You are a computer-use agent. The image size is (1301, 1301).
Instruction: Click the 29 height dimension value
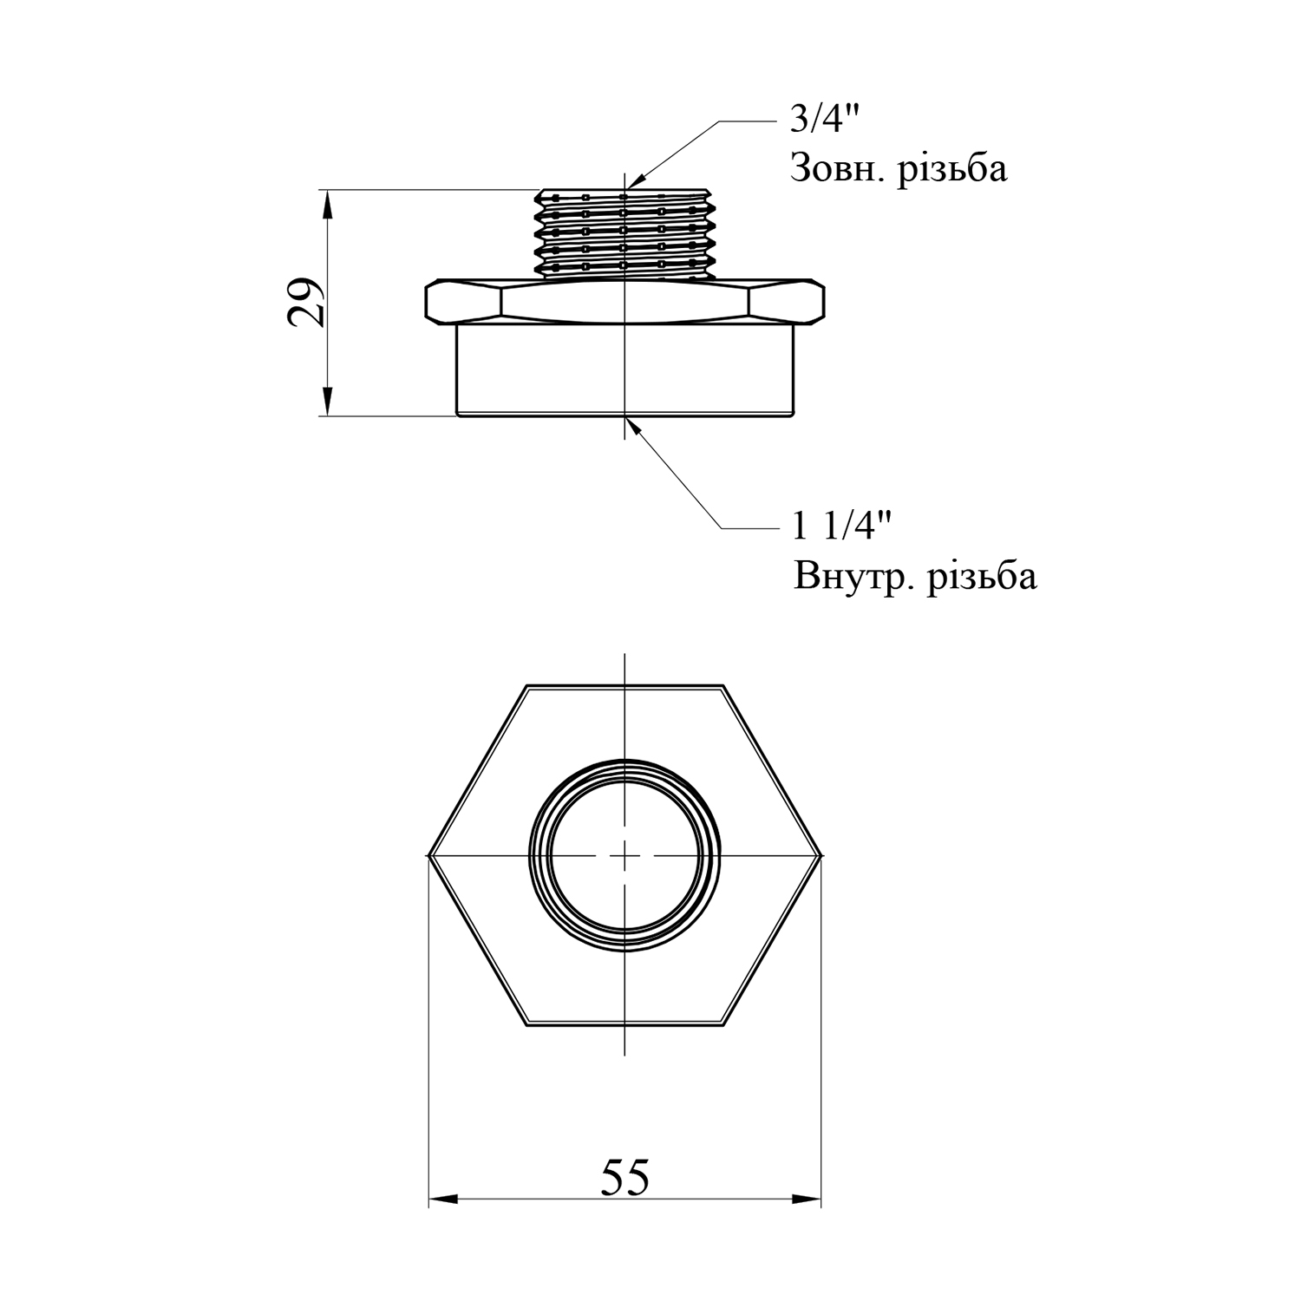pos(308,303)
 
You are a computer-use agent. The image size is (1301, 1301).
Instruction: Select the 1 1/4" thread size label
pos(842,526)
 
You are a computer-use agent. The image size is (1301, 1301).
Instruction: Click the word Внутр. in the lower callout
pos(853,576)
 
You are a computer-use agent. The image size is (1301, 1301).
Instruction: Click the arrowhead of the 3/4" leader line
pos(637,179)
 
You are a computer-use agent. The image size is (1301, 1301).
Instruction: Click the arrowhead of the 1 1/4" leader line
pos(636,426)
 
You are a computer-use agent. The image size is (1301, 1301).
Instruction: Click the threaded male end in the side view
pos(624,234)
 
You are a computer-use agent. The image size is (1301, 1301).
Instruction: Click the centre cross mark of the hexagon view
pos(624,855)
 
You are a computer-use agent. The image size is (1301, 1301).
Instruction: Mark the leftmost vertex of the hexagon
pos(428,856)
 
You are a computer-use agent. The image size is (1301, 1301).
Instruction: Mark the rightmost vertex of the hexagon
pos(820,856)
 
